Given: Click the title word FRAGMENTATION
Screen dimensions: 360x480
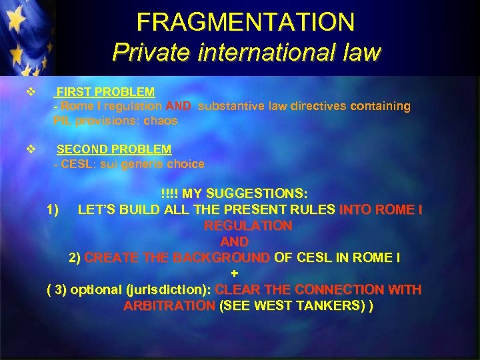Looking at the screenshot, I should click(246, 22).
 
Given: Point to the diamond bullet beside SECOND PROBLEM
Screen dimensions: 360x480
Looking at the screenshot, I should click(29, 150).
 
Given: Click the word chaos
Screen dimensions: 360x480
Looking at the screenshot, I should click(162, 121).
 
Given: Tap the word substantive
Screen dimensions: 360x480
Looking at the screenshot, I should click(233, 106).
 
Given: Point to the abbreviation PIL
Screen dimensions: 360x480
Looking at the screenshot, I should click(63, 121).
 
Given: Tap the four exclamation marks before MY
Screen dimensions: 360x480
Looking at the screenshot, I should click(170, 194).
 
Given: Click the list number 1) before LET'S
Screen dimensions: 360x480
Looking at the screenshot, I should click(55, 210).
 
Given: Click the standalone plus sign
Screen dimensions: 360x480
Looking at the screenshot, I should click(234, 274).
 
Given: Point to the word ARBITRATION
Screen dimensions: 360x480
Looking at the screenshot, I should click(169, 306).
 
